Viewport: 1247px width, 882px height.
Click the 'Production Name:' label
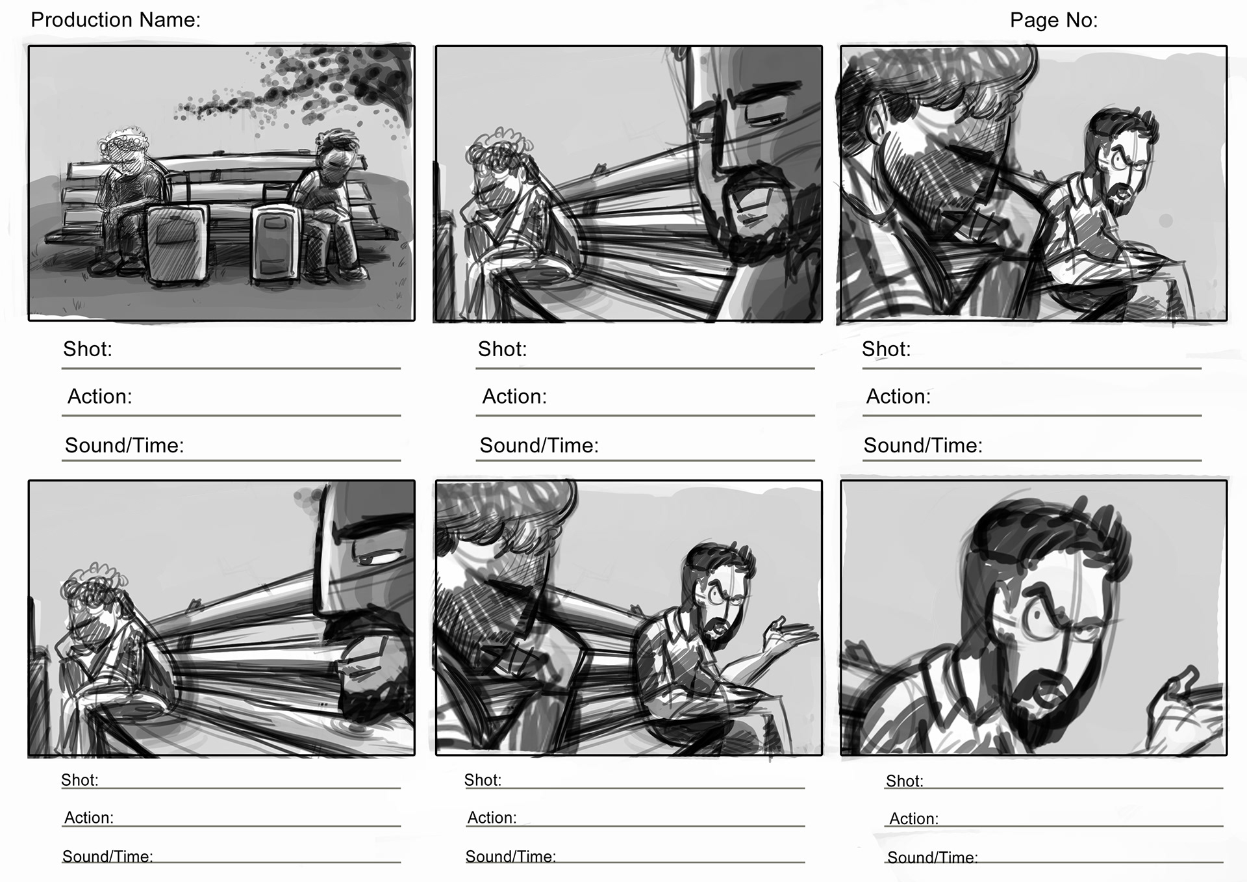coord(116,20)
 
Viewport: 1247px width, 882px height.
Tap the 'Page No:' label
coord(1053,21)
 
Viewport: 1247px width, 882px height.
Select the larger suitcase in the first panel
coord(177,244)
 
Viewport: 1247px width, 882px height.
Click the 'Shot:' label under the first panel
coord(88,350)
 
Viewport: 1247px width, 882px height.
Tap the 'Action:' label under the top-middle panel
coord(514,396)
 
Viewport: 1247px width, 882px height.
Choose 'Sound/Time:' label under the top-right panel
coord(923,445)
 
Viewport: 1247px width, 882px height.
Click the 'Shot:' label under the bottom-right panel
coord(904,781)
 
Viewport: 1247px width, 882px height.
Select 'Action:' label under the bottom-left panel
coord(89,818)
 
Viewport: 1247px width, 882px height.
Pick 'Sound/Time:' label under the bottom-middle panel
coord(510,857)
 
